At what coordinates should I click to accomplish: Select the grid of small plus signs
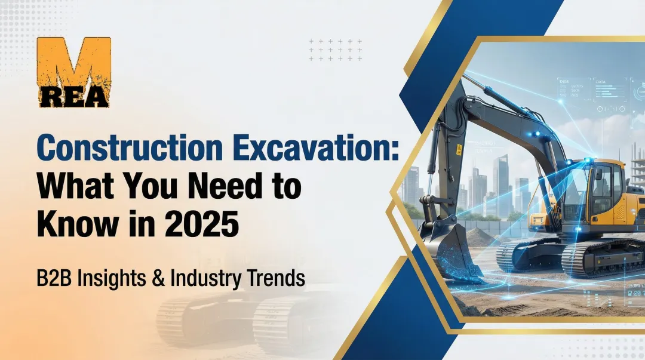pos(336,50)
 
